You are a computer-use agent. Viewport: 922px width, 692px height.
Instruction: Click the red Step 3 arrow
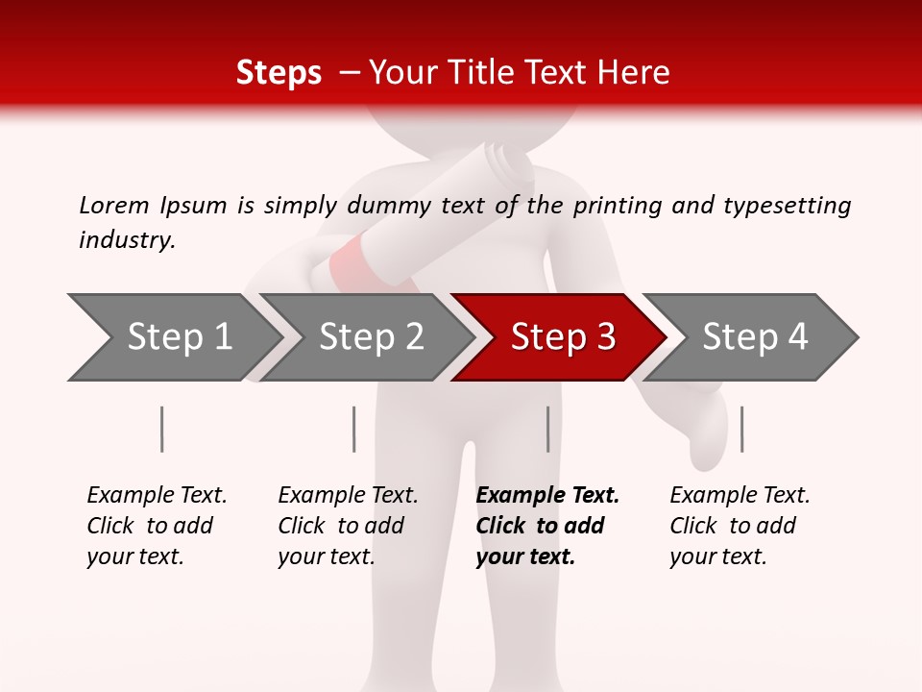[562, 337]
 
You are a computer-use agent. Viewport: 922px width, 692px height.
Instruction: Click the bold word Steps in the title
[279, 73]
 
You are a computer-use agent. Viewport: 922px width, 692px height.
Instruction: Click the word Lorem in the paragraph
[114, 206]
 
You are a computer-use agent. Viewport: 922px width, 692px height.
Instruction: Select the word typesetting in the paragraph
[787, 206]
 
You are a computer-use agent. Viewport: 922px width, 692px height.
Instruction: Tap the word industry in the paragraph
[127, 240]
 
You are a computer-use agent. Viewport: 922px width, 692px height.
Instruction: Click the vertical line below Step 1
[162, 429]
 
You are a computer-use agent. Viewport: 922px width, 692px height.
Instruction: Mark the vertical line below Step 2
[354, 429]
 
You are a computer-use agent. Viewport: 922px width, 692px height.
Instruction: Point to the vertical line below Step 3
[547, 429]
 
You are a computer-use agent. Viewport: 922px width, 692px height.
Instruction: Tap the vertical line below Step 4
[741, 429]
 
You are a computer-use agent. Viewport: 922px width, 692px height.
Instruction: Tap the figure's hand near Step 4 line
[706, 437]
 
